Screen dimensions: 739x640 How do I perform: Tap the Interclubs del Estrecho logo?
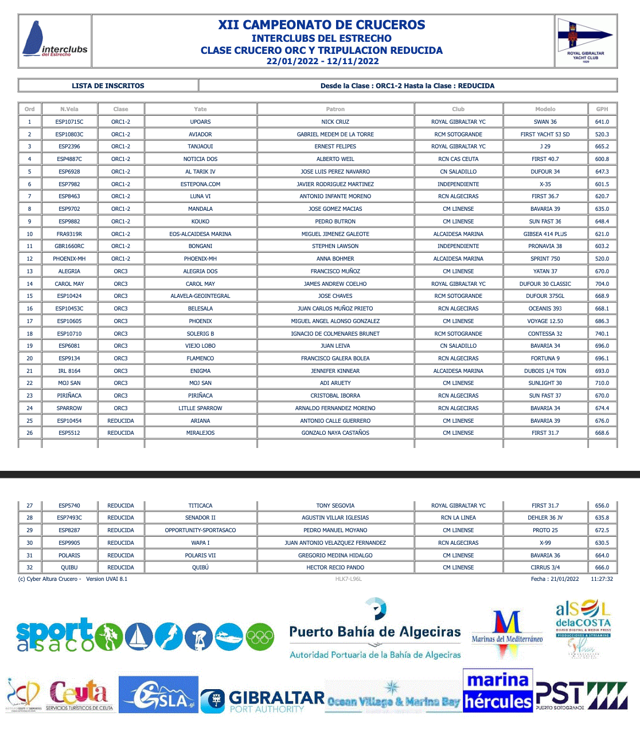click(55, 41)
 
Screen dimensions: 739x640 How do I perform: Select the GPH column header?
click(602, 109)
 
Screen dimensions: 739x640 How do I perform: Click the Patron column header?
click(335, 109)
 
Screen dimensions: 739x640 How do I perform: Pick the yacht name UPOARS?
click(200, 122)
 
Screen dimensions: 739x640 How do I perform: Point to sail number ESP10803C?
click(69, 135)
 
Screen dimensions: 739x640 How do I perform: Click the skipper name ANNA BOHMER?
click(335, 259)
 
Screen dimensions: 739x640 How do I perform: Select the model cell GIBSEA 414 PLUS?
click(545, 234)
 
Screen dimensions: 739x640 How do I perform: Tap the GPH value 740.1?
click(602, 333)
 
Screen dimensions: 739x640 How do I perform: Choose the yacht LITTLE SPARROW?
click(200, 408)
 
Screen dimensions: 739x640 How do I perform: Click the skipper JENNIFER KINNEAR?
click(335, 371)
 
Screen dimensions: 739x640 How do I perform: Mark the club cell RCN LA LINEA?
click(458, 518)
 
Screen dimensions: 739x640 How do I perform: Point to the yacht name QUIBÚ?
click(200, 568)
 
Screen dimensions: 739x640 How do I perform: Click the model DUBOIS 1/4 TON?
click(545, 371)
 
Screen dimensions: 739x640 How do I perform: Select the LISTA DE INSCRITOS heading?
click(108, 86)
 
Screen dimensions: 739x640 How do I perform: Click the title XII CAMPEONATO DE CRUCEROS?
click(321, 25)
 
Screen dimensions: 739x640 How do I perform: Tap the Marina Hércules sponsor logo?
click(498, 691)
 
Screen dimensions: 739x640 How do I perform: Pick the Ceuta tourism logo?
click(79, 695)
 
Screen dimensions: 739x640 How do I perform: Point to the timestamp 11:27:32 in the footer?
click(602, 579)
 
